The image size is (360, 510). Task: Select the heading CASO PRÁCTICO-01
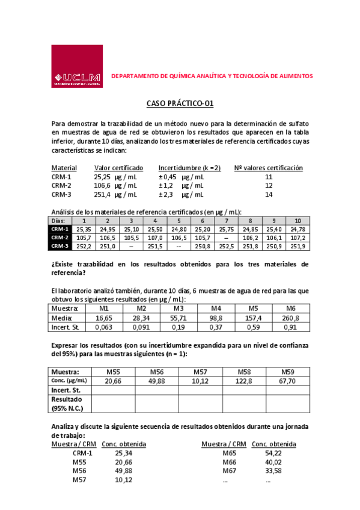point(180,103)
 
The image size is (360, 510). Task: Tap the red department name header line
point(212,77)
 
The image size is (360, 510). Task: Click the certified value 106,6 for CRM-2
point(103,186)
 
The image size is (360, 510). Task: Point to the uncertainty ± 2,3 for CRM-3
point(166,195)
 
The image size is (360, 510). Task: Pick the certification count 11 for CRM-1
point(269,177)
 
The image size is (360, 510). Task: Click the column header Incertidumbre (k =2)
point(189,168)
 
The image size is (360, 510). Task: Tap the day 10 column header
point(297,221)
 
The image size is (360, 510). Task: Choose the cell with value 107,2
point(297,238)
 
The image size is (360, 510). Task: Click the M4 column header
point(216,308)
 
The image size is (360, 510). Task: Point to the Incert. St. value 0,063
point(103,327)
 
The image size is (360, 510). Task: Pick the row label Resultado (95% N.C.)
point(70,404)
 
